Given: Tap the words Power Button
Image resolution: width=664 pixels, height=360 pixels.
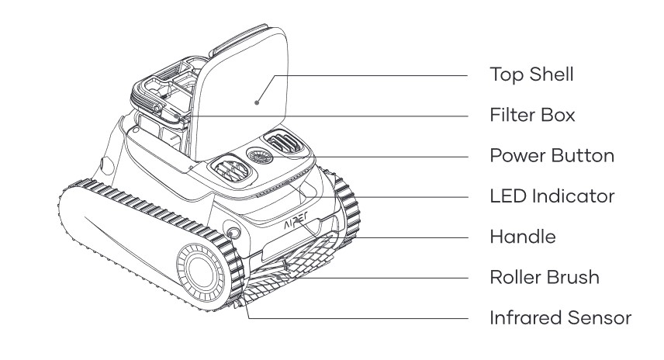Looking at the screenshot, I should coord(552,155).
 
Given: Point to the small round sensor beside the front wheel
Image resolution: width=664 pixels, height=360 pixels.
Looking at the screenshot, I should coord(230,229).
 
